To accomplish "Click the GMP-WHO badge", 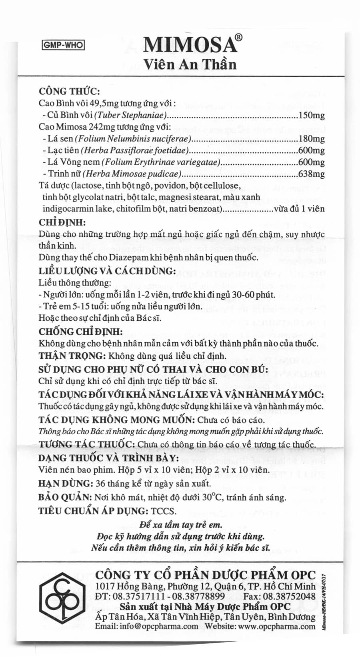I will click(63, 45).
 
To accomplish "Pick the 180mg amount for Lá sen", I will click(312, 139).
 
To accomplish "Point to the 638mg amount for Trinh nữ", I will click(312, 174).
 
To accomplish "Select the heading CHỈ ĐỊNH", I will click(62, 223).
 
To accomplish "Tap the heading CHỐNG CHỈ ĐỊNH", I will click(81, 332).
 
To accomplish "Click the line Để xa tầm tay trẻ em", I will click(180, 525).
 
